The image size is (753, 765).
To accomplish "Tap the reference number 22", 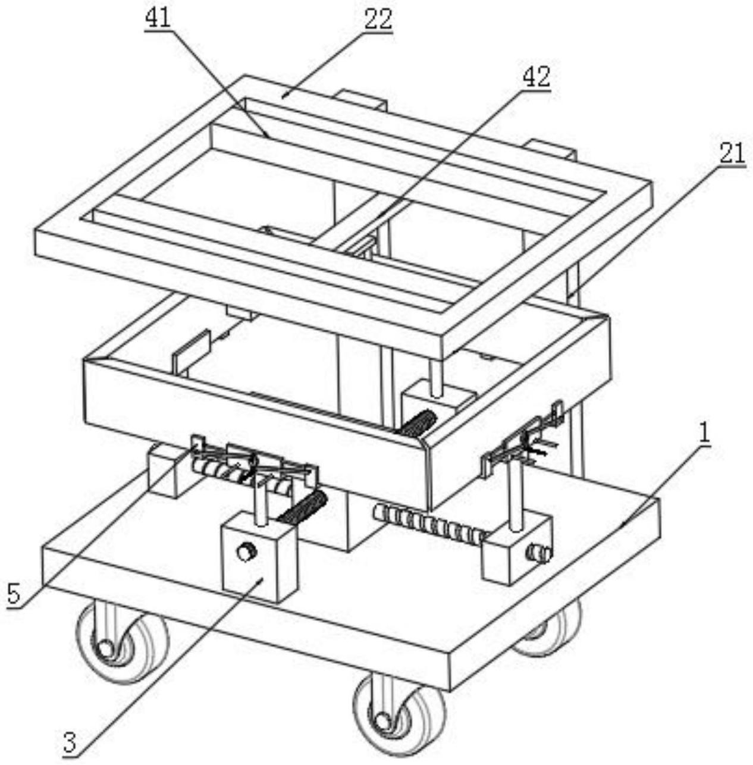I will [x=378, y=19].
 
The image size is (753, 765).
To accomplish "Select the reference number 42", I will [x=536, y=78].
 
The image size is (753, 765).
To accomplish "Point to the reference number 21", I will [x=732, y=154].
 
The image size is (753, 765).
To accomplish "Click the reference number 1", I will [x=704, y=434].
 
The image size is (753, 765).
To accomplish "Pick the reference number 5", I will [x=14, y=594].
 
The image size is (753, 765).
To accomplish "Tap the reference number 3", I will [x=70, y=744].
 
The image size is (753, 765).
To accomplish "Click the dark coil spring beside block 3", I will [x=303, y=507].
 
